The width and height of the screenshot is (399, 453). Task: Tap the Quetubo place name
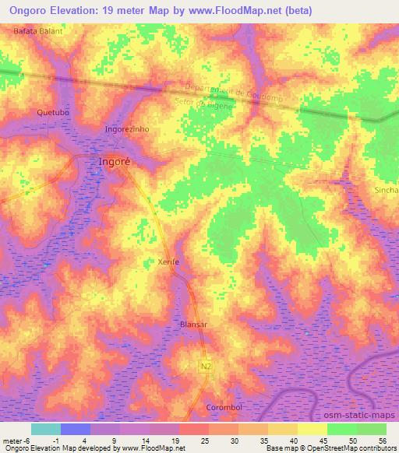pos(53,113)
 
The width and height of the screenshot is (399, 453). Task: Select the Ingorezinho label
pos(126,128)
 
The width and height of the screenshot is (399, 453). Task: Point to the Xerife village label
pos(168,262)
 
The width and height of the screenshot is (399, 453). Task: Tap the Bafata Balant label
pos(37,31)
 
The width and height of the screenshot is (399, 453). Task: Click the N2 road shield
pos(205,365)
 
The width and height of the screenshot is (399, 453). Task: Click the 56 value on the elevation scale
pos(383,441)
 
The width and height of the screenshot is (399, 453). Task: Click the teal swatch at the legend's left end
pos(46,429)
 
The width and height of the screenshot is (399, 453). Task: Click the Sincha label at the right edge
pos(387,189)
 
